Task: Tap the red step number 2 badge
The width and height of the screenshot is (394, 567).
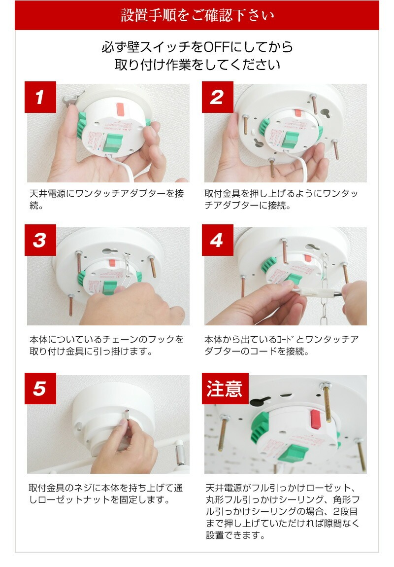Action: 217,97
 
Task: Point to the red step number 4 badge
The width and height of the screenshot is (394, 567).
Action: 217,241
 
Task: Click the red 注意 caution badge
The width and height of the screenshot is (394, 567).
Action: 225,389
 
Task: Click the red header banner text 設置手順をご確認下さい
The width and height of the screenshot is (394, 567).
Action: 197,15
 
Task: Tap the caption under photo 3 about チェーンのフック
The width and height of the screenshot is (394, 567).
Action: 106,346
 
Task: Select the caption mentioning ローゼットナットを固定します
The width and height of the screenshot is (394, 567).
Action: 106,494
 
